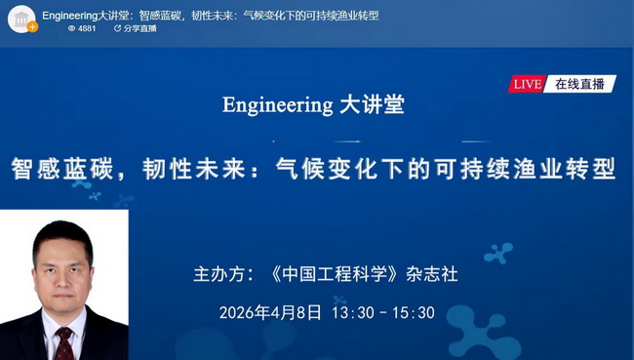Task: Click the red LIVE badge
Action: click(527, 84)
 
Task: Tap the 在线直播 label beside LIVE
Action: click(579, 84)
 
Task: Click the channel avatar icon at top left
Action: click(21, 19)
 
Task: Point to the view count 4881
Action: click(87, 28)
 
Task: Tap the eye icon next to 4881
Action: click(71, 28)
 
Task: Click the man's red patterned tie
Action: click(64, 343)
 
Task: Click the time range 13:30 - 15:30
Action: click(383, 313)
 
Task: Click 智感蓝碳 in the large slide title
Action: click(58, 169)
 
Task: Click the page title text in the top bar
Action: click(210, 16)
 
